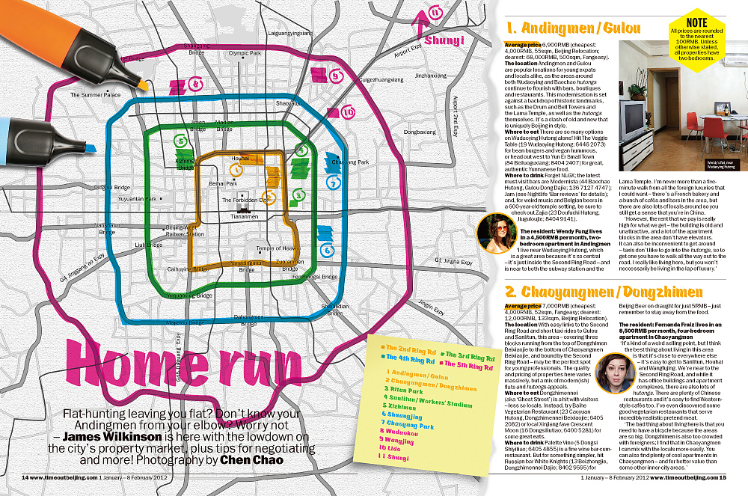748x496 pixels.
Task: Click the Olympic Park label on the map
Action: click(x=244, y=53)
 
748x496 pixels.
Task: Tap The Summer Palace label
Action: click(x=95, y=95)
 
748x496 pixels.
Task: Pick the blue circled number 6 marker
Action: click(x=326, y=251)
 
